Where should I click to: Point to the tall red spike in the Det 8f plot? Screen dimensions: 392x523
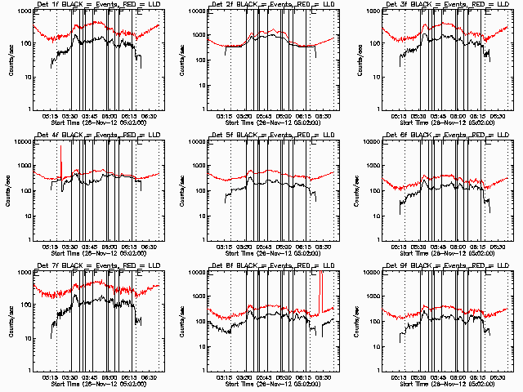tap(320, 290)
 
